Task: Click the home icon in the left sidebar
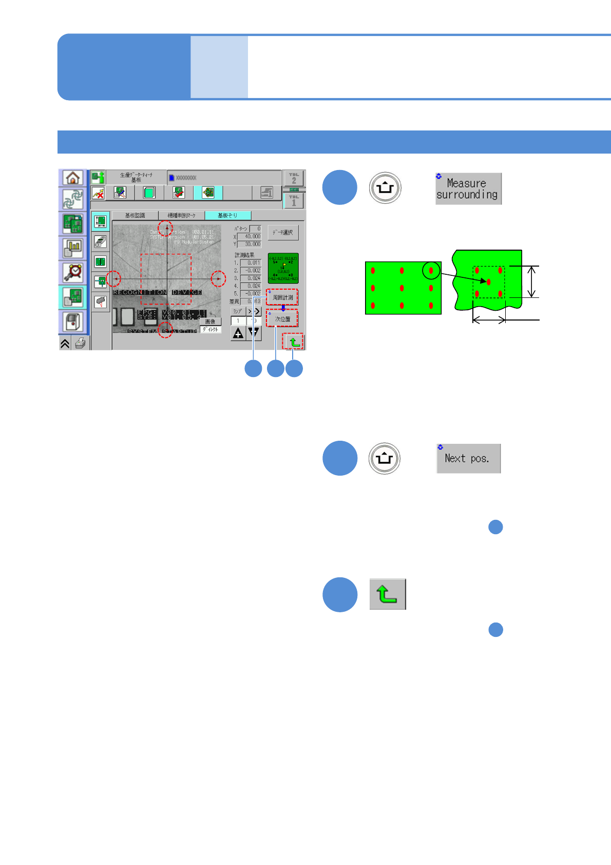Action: click(x=73, y=178)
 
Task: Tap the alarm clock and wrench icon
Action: click(x=73, y=272)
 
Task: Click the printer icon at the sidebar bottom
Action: click(x=81, y=343)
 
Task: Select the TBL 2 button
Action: click(x=294, y=178)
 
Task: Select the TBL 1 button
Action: click(x=294, y=200)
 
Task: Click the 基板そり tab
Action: click(x=227, y=215)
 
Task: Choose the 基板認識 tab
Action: click(x=135, y=215)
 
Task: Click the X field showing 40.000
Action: click(x=250, y=236)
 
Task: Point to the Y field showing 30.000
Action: click(x=250, y=244)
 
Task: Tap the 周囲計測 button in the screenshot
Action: click(x=282, y=297)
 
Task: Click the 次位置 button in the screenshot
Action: click(x=282, y=319)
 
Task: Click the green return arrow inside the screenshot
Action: click(x=294, y=342)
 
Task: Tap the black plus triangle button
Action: click(x=238, y=333)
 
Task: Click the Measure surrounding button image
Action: click(x=468, y=189)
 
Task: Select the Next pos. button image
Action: click(x=468, y=458)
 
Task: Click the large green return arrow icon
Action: click(x=388, y=594)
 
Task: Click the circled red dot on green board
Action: click(x=431, y=270)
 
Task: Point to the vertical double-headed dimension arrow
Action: click(x=532, y=281)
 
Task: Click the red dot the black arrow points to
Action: click(x=489, y=282)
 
